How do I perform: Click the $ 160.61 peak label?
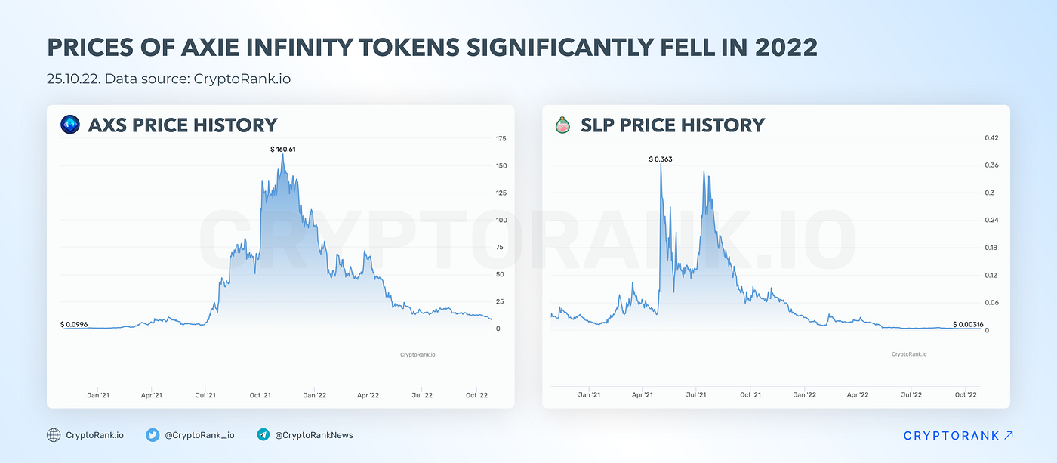click(283, 150)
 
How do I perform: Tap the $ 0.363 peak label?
click(661, 159)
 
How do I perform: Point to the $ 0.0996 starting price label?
click(74, 324)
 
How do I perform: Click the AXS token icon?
click(70, 125)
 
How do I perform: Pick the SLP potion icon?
click(562, 125)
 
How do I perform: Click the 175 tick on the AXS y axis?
click(501, 139)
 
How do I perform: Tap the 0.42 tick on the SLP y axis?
click(992, 138)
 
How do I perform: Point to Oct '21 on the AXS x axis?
click(260, 394)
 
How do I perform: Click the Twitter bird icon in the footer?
click(153, 435)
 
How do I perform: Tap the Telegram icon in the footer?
click(263, 435)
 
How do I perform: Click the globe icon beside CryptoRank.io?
click(54, 435)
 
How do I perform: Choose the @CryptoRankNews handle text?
click(314, 435)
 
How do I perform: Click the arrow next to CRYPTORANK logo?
click(1009, 435)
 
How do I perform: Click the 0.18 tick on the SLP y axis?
click(992, 248)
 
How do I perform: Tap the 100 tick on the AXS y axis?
click(501, 220)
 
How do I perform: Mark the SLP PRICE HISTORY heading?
click(673, 125)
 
